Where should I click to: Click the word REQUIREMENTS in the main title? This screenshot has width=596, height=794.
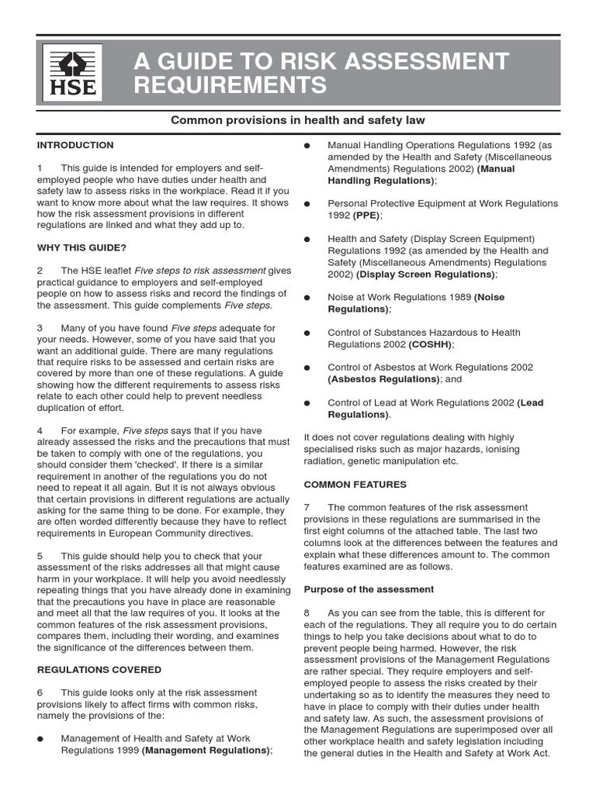(230, 85)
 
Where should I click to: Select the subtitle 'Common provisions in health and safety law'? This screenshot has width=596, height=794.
(298, 120)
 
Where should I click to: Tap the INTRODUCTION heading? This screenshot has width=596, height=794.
(74, 145)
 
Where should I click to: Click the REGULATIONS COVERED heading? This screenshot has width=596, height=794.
(99, 669)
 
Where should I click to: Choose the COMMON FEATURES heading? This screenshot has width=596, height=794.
(355, 484)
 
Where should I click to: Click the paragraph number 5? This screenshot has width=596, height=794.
(40, 556)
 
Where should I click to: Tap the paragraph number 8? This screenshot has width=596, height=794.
(307, 613)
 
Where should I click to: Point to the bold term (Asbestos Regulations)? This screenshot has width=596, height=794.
(383, 379)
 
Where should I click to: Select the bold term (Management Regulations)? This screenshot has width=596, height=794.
(205, 751)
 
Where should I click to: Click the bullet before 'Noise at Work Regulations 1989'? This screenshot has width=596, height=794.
(307, 298)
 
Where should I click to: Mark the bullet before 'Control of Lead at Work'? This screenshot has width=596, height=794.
(307, 403)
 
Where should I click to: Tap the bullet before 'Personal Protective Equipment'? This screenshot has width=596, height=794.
(307, 204)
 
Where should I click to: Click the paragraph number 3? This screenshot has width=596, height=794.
(40, 328)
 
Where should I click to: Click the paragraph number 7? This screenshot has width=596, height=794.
(307, 507)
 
